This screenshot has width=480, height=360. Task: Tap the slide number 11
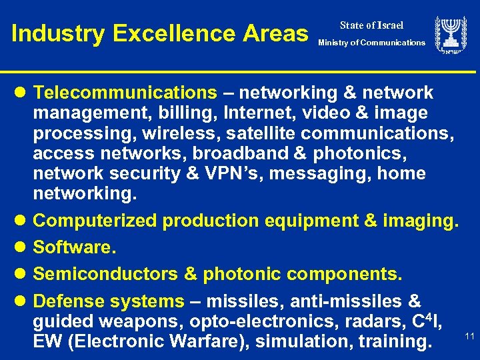469,337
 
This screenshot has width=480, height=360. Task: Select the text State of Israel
371,25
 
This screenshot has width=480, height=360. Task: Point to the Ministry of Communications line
371,43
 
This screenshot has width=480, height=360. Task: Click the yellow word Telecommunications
125,93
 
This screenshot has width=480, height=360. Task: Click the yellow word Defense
73,301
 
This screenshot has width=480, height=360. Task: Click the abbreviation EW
48,342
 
